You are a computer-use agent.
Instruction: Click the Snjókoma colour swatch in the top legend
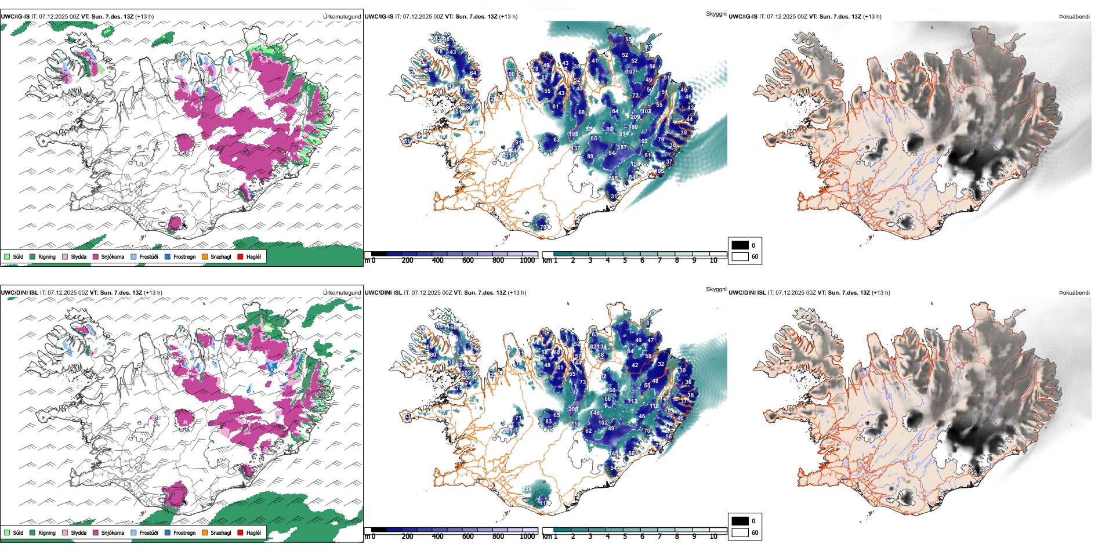point(96,256)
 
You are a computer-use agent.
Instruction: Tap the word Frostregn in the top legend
point(184,256)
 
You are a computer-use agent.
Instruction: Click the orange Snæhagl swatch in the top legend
point(205,256)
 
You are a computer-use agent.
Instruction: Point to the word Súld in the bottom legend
point(18,532)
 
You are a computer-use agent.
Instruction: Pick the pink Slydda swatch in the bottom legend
point(65,532)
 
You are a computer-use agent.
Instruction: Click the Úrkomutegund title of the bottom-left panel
point(342,292)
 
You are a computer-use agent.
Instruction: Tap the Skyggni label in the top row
point(716,13)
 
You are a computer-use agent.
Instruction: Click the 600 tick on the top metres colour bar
point(468,260)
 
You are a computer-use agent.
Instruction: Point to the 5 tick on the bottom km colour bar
point(625,536)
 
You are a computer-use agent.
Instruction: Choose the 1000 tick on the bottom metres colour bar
point(528,536)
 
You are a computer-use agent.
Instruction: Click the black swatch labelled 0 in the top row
point(740,245)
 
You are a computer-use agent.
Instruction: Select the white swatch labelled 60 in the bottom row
point(740,532)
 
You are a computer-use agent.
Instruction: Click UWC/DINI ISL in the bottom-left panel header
point(19,292)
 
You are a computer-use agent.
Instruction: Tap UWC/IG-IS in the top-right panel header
point(743,16)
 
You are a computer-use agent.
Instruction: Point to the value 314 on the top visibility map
point(624,134)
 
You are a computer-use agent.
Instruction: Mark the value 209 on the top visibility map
point(636,117)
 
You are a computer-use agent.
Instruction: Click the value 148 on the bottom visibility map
point(596,413)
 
